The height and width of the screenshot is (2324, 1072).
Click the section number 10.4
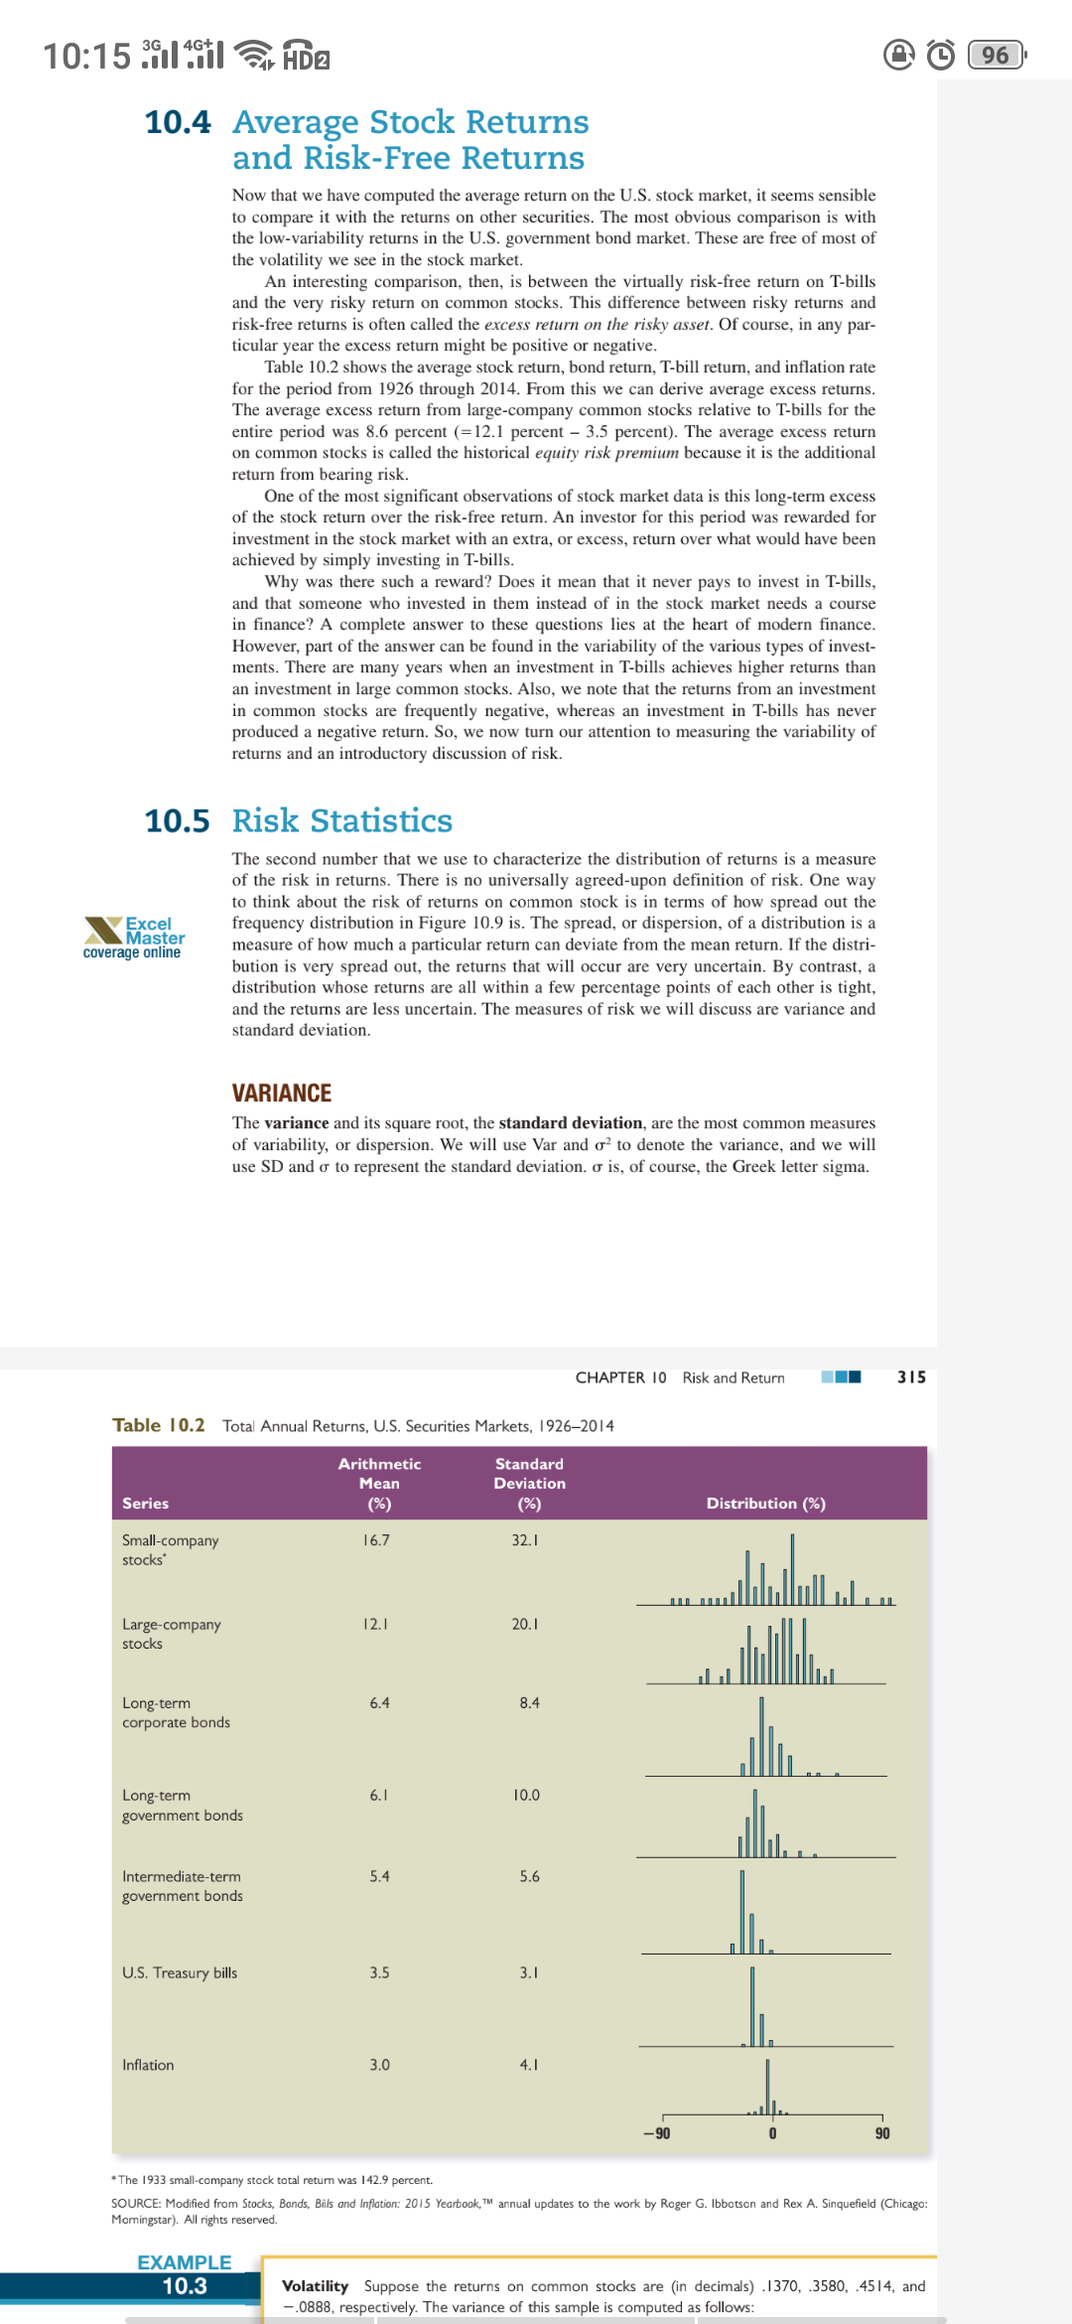[178, 122]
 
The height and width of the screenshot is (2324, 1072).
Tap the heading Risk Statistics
[341, 820]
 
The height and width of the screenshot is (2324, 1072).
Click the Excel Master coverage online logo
[134, 938]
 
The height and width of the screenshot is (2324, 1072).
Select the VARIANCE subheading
[281, 1092]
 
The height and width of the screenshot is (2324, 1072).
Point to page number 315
[911, 1377]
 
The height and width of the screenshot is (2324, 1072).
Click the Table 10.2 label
[159, 1425]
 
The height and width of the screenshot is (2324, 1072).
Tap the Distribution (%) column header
[765, 1503]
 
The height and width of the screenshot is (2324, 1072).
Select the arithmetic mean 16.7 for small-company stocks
[376, 1539]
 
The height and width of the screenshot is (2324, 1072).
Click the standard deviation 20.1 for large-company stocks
[525, 1624]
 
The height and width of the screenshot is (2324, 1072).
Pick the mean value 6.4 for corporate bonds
[379, 1702]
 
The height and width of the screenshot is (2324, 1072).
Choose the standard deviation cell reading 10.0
[526, 1795]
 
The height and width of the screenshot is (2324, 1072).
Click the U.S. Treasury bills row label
[180, 1972]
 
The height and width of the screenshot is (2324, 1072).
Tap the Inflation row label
[148, 2065]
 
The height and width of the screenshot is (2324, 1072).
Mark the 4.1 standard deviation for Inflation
[529, 2065]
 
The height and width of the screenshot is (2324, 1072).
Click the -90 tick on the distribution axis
[656, 2133]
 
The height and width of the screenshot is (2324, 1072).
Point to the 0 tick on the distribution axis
[772, 2133]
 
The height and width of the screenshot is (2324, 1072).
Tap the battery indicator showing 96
[996, 55]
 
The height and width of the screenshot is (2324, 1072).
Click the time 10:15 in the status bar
[86, 56]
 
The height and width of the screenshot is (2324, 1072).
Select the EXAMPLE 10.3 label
[185, 2273]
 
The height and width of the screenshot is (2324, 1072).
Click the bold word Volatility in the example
[315, 2285]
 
